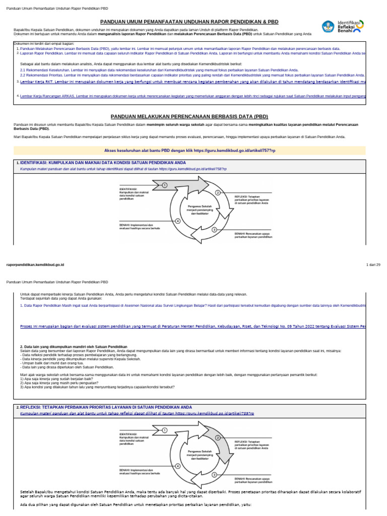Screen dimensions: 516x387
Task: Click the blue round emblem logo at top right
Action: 329,27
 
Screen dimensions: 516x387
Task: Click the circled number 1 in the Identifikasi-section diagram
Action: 164,185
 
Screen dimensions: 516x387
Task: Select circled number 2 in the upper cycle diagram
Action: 218,192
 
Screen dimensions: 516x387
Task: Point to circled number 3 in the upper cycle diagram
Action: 214,229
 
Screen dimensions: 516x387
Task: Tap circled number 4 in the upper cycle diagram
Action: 177,221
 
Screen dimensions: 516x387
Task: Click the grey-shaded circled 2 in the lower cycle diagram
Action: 218,438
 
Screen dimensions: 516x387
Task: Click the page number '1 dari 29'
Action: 373,265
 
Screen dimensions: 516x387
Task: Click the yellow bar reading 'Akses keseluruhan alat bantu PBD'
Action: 193,150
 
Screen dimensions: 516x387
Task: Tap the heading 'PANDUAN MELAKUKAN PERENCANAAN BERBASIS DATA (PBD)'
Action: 193,116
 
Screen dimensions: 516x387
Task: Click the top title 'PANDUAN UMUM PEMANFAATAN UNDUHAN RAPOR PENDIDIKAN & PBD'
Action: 189,22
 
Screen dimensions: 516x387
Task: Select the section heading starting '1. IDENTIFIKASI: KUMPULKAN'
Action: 94,163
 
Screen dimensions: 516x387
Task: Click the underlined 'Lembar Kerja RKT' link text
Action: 35,81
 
